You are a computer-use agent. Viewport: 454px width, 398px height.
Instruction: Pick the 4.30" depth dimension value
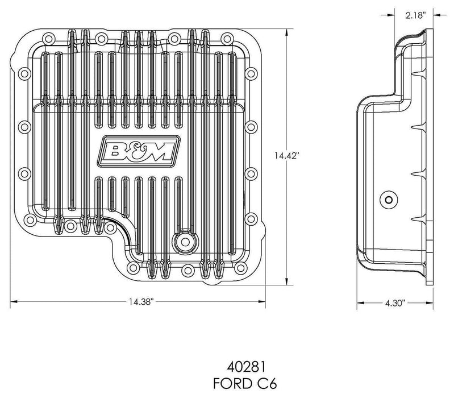392,304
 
